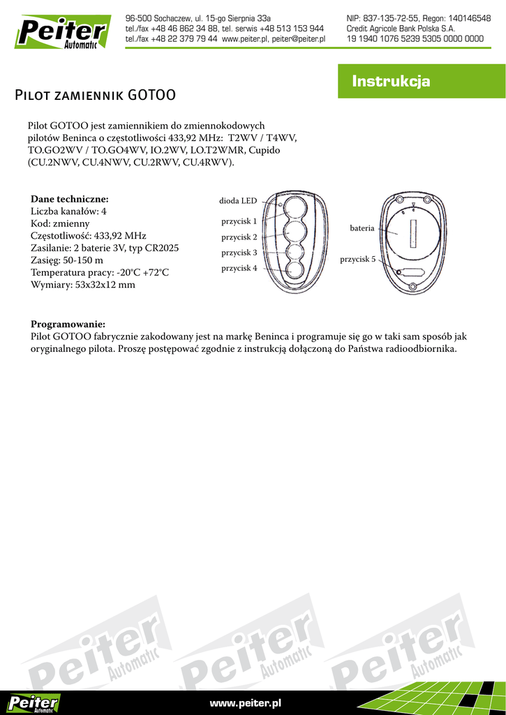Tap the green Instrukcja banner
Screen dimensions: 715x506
pos(391,82)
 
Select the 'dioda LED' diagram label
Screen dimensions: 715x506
pos(238,201)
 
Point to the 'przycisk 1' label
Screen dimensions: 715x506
pos(239,221)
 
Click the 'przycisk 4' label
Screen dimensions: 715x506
pos(239,268)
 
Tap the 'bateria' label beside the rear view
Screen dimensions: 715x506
pos(362,228)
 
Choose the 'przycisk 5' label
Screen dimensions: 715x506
pos(357,259)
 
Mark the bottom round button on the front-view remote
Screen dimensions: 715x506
pos(293,270)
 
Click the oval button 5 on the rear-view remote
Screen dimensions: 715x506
pos(411,273)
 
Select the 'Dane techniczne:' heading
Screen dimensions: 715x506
pos(70,199)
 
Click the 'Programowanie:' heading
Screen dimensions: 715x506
pos(68,324)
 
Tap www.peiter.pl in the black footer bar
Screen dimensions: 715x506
pos(245,702)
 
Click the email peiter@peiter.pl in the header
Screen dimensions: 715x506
pos(299,39)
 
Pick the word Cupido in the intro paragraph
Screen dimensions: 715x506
pos(265,150)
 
